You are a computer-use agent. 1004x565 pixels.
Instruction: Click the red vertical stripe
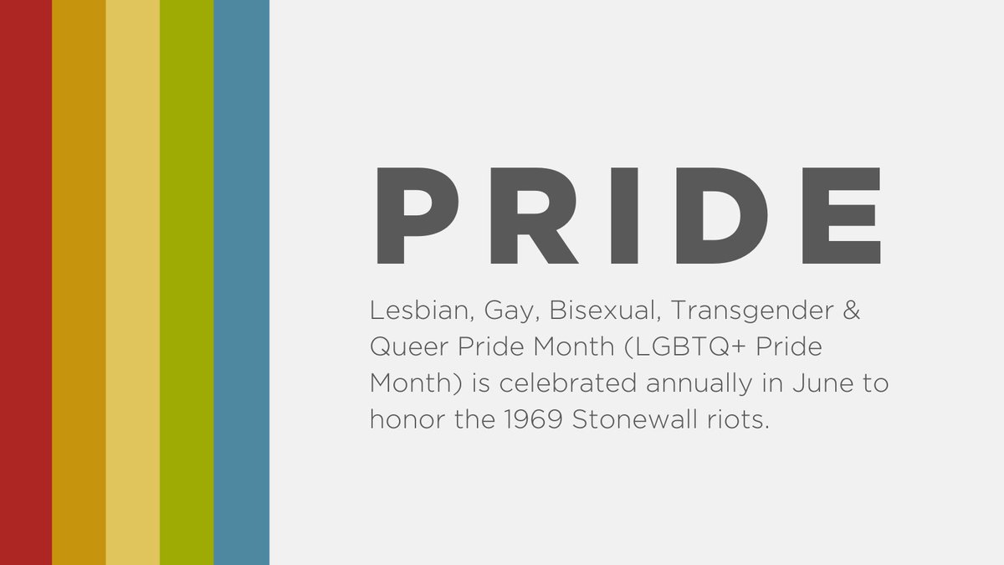[26, 282]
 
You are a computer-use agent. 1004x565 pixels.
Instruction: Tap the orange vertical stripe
[79, 282]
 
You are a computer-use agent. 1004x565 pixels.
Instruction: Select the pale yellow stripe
[132, 282]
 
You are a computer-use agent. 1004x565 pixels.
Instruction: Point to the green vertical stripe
[187, 282]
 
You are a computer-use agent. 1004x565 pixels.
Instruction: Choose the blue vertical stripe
[241, 282]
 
